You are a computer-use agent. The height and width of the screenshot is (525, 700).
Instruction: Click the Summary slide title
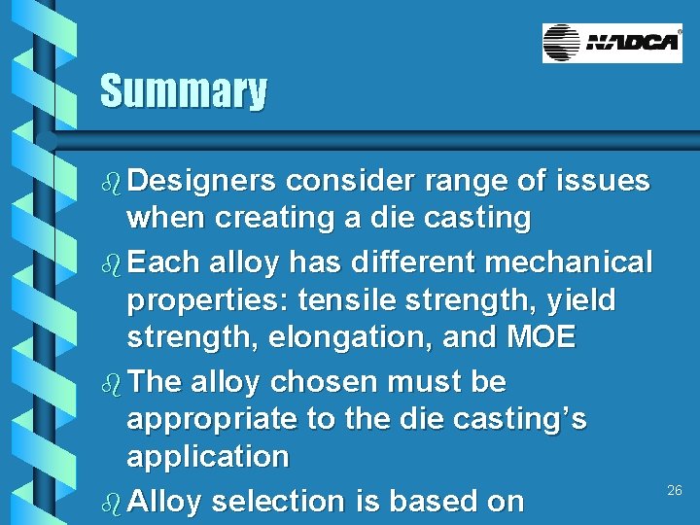click(183, 91)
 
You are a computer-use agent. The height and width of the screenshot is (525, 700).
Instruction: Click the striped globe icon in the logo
click(562, 44)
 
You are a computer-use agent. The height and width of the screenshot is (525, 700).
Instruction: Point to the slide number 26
click(675, 491)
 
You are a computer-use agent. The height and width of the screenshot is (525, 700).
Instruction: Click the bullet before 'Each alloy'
click(111, 263)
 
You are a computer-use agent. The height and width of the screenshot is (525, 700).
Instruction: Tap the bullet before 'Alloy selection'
click(111, 503)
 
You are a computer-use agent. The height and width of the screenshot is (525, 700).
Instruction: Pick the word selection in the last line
click(271, 502)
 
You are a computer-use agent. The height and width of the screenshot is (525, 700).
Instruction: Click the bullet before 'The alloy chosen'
click(111, 383)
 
